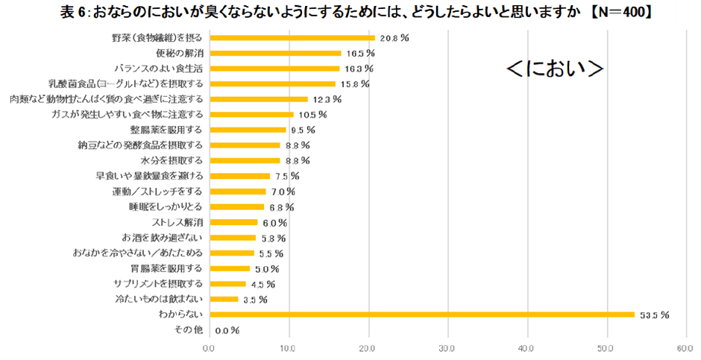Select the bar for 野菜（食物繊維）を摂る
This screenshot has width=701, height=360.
(292, 37)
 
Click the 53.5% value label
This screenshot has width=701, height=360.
(654, 315)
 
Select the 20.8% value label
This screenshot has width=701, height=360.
(394, 37)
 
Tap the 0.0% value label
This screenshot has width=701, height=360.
(227, 330)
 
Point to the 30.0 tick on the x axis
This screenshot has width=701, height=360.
(447, 347)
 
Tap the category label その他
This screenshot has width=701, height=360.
(188, 329)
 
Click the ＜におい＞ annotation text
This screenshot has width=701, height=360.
(554, 68)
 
